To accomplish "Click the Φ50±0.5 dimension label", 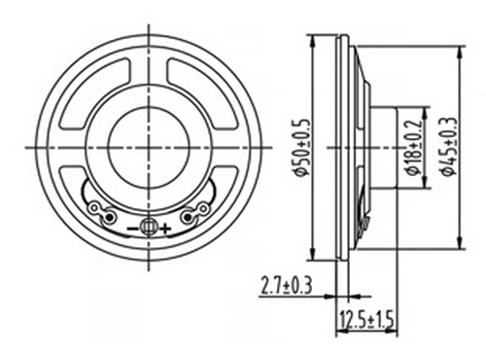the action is point(299,147).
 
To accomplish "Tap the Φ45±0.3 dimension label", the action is point(450,147).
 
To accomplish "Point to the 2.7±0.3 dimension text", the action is point(287,286).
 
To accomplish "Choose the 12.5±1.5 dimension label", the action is point(367,318).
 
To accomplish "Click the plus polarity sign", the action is point(165,229).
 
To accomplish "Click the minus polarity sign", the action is point(132,229).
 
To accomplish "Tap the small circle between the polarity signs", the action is point(149,227).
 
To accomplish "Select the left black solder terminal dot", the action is point(110,217).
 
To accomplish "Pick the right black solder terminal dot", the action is point(188,217).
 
